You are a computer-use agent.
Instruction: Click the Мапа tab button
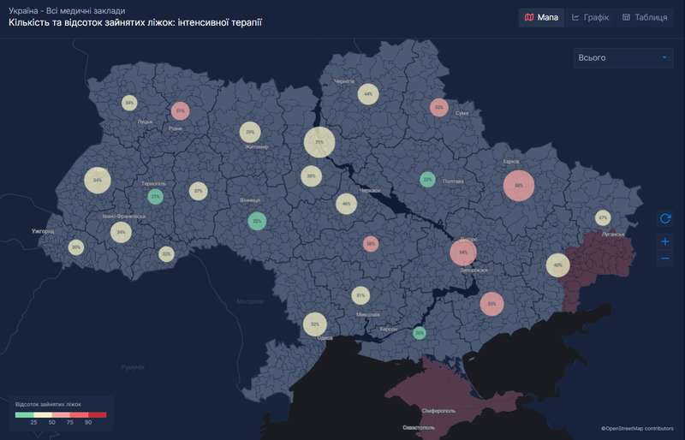(x=541, y=17)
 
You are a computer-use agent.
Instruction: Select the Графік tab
(x=590, y=17)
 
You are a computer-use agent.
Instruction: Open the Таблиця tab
(x=644, y=17)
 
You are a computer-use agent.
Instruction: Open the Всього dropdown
(x=623, y=57)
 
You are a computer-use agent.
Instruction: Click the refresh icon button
(x=665, y=219)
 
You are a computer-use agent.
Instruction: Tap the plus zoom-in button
(x=665, y=241)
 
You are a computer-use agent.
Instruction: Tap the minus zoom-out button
(x=665, y=259)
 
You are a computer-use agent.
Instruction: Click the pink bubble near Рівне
(x=180, y=110)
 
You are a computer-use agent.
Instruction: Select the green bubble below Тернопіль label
(x=155, y=197)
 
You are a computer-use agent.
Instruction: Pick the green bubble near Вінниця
(x=256, y=221)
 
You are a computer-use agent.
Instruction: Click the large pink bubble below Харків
(x=518, y=185)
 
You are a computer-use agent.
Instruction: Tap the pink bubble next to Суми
(x=439, y=108)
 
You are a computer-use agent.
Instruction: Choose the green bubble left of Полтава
(x=427, y=180)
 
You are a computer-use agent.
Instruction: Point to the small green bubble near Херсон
(x=419, y=332)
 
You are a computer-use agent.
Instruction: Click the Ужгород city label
(x=42, y=231)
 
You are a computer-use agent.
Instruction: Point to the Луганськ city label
(x=612, y=234)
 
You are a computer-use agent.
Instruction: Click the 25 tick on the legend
(x=34, y=422)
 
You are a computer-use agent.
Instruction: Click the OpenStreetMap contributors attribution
(x=637, y=428)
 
